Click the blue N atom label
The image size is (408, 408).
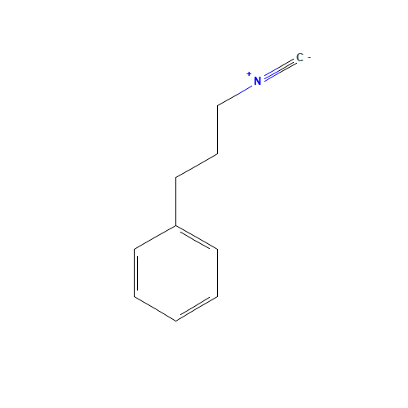(x=257, y=81)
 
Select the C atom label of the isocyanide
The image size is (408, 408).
(x=299, y=57)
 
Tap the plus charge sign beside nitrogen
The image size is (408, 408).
(x=249, y=74)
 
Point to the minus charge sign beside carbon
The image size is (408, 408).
(x=309, y=58)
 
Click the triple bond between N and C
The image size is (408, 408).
(x=280, y=69)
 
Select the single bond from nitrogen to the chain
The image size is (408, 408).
(x=235, y=96)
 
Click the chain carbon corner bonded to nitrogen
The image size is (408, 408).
(x=217, y=106)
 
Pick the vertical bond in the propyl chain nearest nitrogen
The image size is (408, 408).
(x=217, y=130)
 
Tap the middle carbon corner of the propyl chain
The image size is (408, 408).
(x=217, y=154)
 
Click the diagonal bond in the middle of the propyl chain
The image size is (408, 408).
(x=197, y=166)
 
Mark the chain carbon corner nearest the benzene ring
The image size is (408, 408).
(x=175, y=178)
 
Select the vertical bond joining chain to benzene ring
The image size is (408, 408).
(x=175, y=202)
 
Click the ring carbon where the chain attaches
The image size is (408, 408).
(x=175, y=225)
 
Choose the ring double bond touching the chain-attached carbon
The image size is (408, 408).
(x=197, y=237)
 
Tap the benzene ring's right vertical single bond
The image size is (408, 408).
(x=217, y=273)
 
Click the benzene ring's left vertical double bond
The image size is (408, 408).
(x=135, y=273)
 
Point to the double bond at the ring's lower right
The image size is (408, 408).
(x=197, y=308)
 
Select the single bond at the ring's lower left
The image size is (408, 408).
(x=155, y=308)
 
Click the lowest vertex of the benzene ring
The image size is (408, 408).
(x=175, y=321)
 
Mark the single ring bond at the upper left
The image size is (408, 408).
(x=155, y=237)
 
